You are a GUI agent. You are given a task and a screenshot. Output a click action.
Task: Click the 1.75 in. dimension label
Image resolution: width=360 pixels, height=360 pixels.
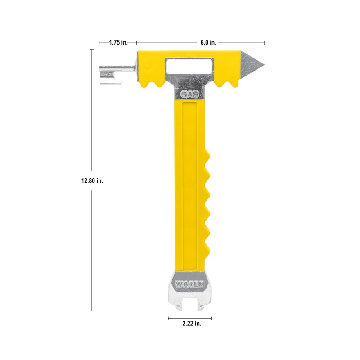(x=118, y=43)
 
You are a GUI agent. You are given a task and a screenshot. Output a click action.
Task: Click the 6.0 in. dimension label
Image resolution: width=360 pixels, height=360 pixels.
(x=208, y=43)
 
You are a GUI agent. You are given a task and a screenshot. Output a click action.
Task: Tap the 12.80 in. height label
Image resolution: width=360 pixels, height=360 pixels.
(x=92, y=180)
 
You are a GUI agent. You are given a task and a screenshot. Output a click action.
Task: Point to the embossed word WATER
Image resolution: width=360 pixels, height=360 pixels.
(x=189, y=284)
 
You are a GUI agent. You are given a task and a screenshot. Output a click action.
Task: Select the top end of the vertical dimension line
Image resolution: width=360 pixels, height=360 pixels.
(x=92, y=50)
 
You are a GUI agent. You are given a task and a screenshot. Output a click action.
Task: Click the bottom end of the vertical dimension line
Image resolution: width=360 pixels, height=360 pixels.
(x=92, y=311)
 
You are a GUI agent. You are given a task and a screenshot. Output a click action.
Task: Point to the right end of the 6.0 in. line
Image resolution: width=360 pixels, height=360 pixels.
(x=265, y=43)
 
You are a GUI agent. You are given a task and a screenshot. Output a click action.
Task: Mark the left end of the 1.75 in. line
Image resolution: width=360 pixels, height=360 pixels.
(x=99, y=43)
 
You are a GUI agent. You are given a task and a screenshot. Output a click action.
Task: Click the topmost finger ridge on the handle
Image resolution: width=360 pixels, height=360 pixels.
(x=208, y=157)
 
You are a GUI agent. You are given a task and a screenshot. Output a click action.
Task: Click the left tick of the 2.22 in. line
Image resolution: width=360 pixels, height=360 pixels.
(x=168, y=318)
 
